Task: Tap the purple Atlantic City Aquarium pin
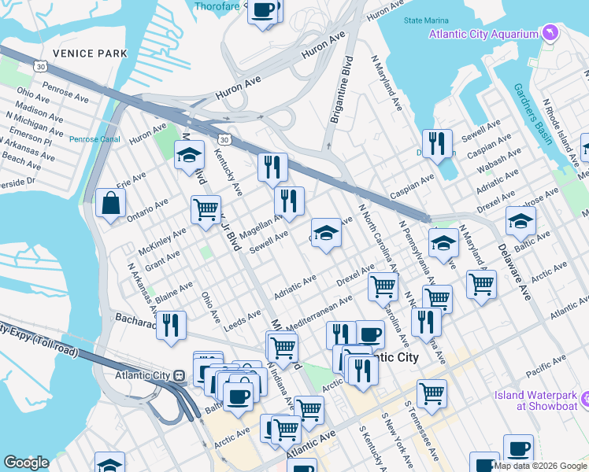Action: pyautogui.click(x=550, y=33)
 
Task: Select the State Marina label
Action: pyautogui.click(x=426, y=20)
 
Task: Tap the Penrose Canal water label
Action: pyautogui.click(x=93, y=139)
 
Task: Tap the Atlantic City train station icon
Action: pyautogui.click(x=180, y=376)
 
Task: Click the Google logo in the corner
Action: pyautogui.click(x=26, y=463)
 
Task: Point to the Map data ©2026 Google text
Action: pyautogui.click(x=540, y=466)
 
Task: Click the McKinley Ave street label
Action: pyautogui.click(x=162, y=242)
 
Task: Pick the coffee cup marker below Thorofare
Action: pyautogui.click(x=263, y=11)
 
